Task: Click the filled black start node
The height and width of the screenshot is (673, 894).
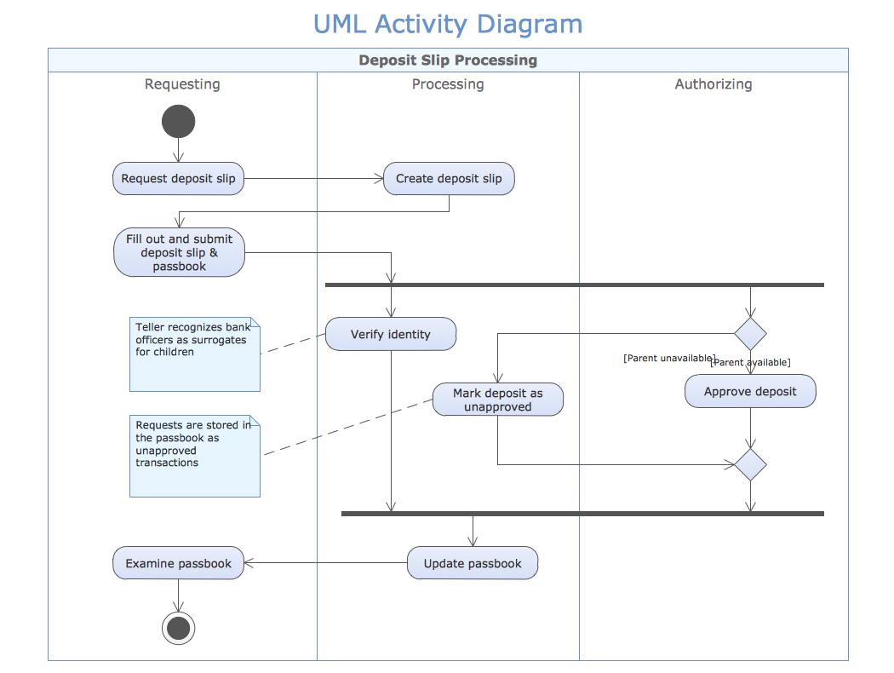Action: tap(178, 122)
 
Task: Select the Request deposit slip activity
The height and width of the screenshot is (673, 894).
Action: tap(179, 179)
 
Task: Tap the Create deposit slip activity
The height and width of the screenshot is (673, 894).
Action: tap(449, 179)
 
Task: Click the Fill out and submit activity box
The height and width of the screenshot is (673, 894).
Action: tap(180, 253)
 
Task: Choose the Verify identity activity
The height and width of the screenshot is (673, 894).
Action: tap(391, 334)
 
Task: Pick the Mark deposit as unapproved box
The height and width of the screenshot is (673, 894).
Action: tap(498, 400)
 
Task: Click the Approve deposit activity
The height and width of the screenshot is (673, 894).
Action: tap(750, 392)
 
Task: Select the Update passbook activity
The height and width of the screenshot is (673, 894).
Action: tap(473, 563)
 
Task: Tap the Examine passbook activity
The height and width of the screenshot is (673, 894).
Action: tap(179, 563)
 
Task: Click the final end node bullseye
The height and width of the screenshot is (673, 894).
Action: tap(179, 629)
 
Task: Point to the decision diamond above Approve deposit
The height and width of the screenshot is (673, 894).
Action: tap(750, 334)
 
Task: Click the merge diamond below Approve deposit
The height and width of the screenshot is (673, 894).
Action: tap(750, 465)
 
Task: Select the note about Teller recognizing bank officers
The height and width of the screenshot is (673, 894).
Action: tap(195, 354)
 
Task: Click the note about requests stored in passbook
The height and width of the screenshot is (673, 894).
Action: tap(195, 456)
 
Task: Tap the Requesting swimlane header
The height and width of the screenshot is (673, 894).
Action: tap(182, 84)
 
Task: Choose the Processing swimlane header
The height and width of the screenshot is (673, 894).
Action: tap(448, 84)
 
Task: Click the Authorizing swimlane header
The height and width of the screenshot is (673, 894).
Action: tap(713, 84)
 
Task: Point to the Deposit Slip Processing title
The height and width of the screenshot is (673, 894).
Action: tap(448, 60)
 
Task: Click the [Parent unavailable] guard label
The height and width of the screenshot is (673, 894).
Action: tap(668, 359)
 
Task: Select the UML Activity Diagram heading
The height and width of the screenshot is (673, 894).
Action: tap(448, 24)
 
